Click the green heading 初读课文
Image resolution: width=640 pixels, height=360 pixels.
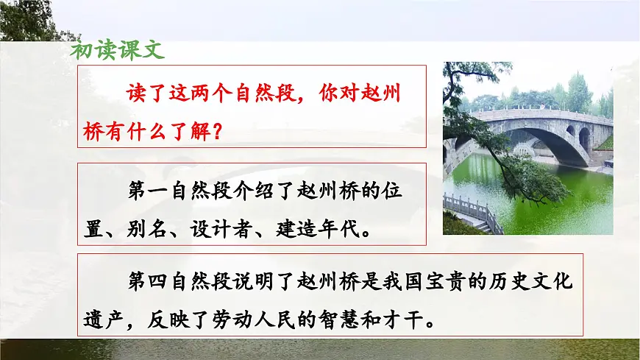(117, 50)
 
